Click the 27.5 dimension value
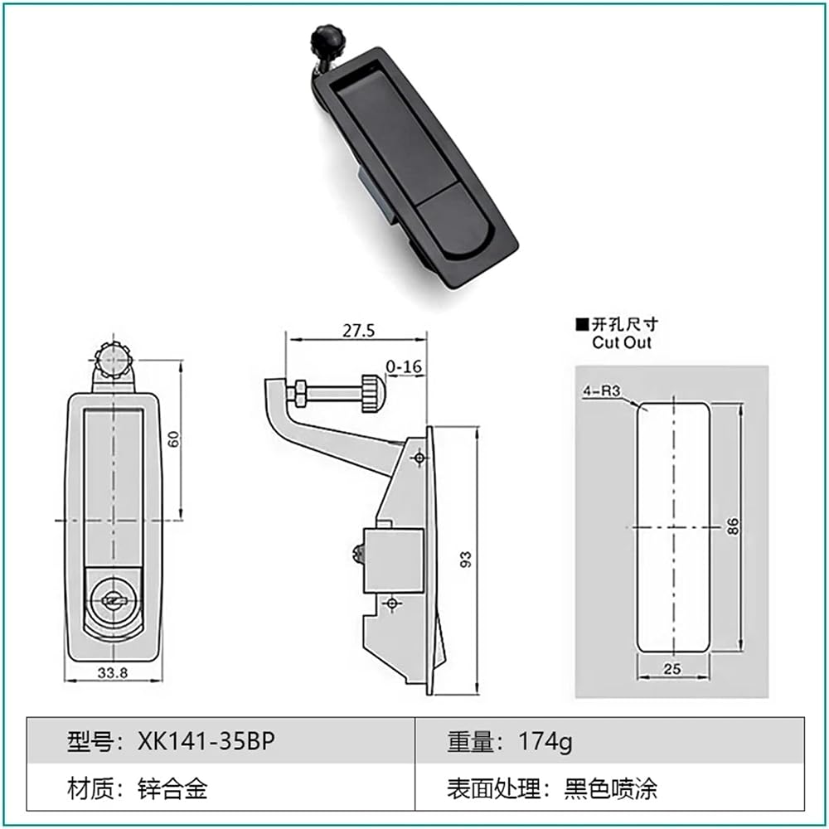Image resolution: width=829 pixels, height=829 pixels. [x=358, y=331]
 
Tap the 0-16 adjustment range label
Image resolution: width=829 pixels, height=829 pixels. [x=404, y=366]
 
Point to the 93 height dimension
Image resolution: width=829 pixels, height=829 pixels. [x=466, y=560]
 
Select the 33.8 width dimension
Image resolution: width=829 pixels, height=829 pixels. [x=113, y=672]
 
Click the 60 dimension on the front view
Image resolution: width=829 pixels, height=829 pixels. [x=174, y=439]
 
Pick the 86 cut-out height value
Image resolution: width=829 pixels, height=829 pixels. [x=732, y=526]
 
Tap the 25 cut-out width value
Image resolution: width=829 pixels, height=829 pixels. [x=671, y=669]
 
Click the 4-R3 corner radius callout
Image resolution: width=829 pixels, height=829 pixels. [x=601, y=390]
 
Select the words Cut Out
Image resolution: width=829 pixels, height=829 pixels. [x=622, y=342]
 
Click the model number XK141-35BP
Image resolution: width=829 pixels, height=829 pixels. [x=206, y=741]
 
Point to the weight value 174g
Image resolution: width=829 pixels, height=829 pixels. [x=545, y=742]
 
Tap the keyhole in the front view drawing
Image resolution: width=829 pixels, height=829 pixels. [x=114, y=600]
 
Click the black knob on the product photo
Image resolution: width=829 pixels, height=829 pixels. [x=322, y=37]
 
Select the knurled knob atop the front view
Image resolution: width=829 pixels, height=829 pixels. [x=113, y=360]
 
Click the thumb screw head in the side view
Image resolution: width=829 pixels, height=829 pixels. [x=374, y=393]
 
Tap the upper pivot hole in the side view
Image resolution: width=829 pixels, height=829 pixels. [x=419, y=458]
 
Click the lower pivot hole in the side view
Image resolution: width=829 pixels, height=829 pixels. [x=392, y=603]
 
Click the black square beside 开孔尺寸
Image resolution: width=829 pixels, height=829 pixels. [x=582, y=324]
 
